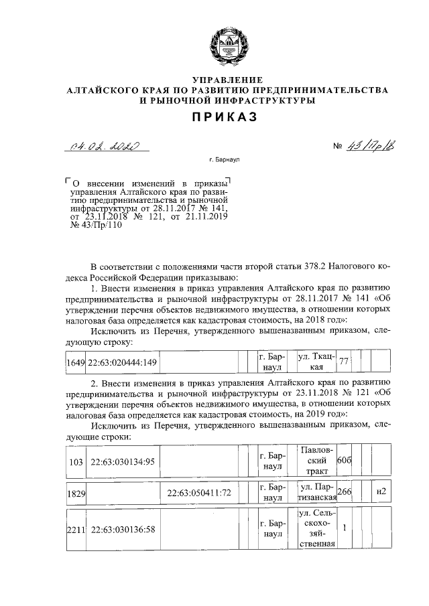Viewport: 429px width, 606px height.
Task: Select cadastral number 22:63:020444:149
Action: tap(121, 362)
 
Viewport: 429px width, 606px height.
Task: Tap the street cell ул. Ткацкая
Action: tap(316, 362)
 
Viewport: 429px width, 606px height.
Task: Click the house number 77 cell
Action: tap(344, 362)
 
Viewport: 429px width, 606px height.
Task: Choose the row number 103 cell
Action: tap(76, 461)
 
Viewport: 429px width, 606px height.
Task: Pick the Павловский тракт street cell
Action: tap(316, 461)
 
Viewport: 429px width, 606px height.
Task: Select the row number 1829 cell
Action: tap(76, 493)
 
